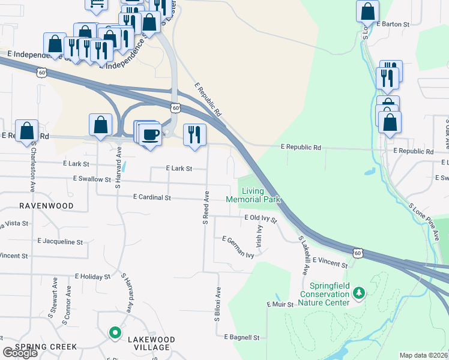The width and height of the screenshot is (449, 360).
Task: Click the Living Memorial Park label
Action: [253, 195]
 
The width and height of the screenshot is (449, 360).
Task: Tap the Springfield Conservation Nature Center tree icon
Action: [359, 293]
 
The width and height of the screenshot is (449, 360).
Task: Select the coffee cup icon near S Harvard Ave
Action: [151, 133]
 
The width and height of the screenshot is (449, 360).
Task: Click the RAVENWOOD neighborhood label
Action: [46, 206]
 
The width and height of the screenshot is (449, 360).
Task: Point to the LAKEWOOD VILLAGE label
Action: [151, 343]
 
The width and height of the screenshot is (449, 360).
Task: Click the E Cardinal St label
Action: [152, 197]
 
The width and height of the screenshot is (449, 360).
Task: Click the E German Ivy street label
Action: [238, 247]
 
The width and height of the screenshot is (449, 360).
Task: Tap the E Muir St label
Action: [280, 305]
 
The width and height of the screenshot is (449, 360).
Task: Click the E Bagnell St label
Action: [241, 338]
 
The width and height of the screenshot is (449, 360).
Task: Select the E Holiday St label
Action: [92, 277]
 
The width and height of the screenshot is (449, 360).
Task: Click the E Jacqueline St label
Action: [60, 242]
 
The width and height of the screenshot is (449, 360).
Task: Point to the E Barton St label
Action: [393, 25]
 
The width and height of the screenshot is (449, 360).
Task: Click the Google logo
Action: [20, 353]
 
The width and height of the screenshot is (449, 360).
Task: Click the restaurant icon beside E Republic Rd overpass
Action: [194, 134]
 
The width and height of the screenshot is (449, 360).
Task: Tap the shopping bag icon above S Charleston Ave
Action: [27, 130]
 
